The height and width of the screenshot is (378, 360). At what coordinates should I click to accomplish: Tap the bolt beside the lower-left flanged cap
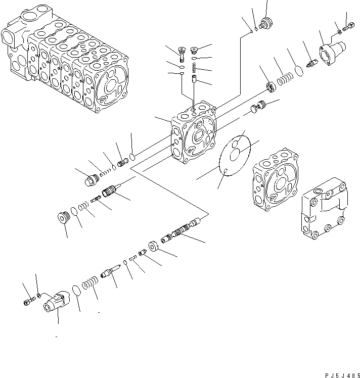click(27, 303)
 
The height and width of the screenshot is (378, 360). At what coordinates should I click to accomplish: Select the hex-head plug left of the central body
click(92, 179)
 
